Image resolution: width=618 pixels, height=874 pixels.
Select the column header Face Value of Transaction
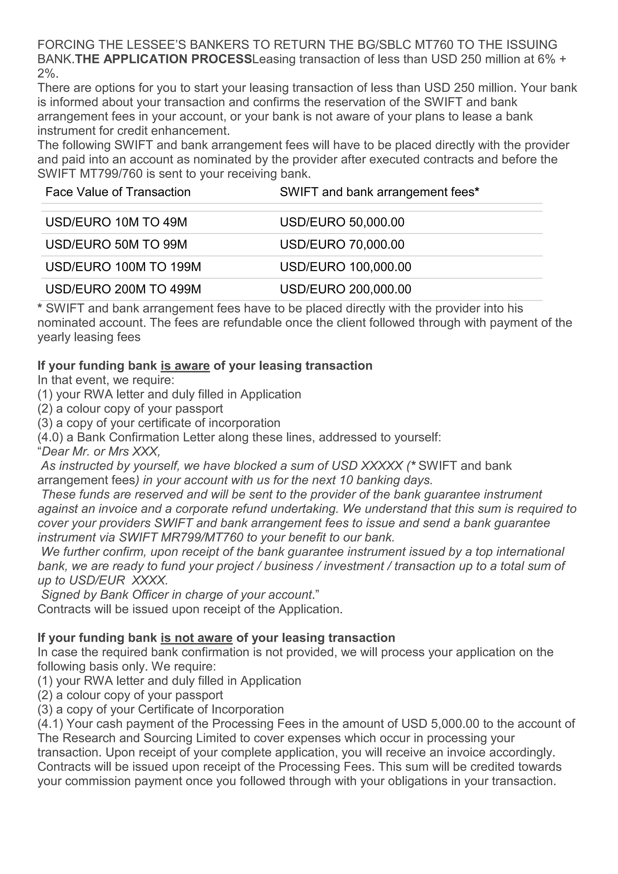click(x=118, y=192)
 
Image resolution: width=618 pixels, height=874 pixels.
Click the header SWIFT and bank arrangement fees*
click(x=379, y=192)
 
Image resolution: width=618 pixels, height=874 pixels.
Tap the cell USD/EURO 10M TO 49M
click(x=116, y=222)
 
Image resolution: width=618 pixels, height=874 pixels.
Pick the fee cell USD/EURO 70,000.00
click(x=342, y=244)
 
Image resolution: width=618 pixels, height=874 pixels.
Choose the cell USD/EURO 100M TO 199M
click(x=123, y=267)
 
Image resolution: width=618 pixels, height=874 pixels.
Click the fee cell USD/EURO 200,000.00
click(x=346, y=289)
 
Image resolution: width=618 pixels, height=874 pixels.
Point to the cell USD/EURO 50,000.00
click(x=342, y=222)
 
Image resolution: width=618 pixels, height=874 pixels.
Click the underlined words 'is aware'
click(x=185, y=366)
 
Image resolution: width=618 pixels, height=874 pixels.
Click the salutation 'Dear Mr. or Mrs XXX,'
click(x=101, y=452)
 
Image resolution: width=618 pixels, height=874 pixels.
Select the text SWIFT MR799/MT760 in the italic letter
click(x=181, y=537)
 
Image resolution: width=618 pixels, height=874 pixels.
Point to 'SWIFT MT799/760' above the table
click(x=90, y=174)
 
